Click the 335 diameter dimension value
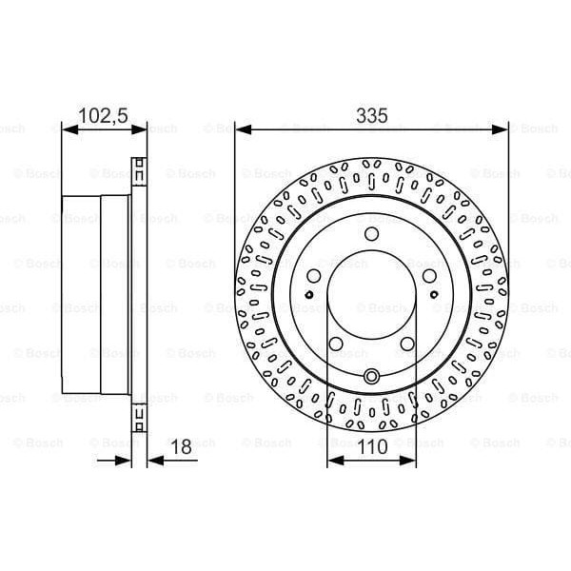click(x=372, y=115)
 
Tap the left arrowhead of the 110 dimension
click(x=332, y=461)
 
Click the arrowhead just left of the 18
click(x=124, y=461)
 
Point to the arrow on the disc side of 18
click(x=153, y=461)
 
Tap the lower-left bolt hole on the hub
click(x=335, y=344)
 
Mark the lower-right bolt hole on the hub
click(x=407, y=344)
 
